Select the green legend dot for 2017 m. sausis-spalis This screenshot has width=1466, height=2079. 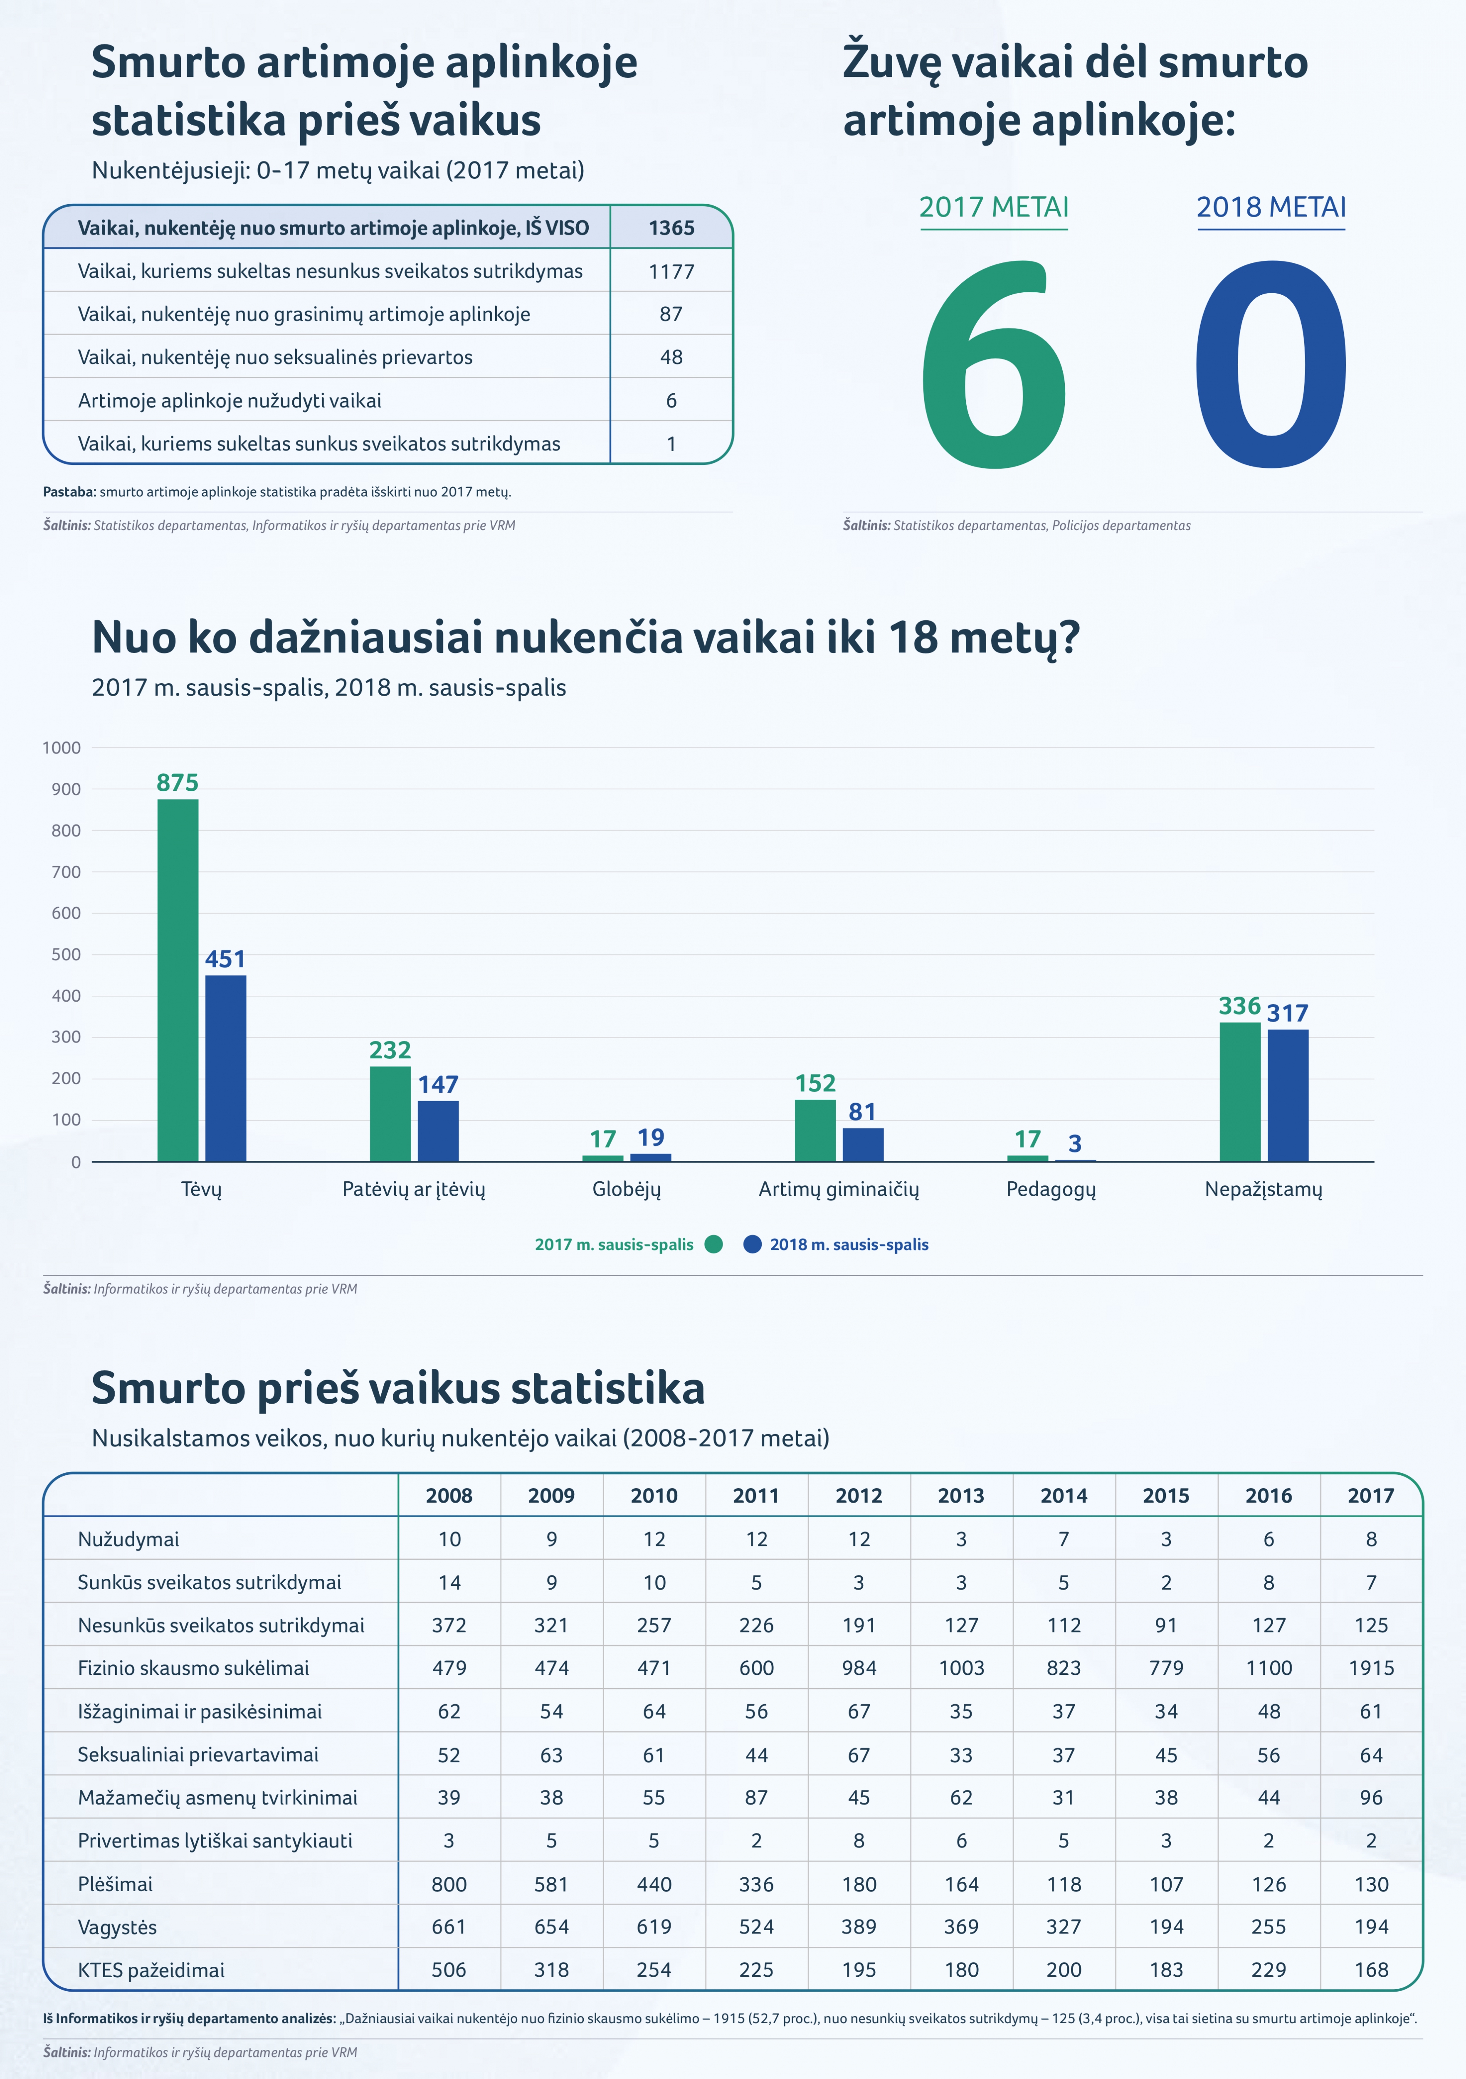713,1244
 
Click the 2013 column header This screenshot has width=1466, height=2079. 961,1496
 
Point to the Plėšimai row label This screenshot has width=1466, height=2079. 115,1884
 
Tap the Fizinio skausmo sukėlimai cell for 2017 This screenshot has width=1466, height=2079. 1371,1668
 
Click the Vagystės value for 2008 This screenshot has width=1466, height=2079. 449,1927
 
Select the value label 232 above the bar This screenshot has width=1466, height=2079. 390,1050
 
